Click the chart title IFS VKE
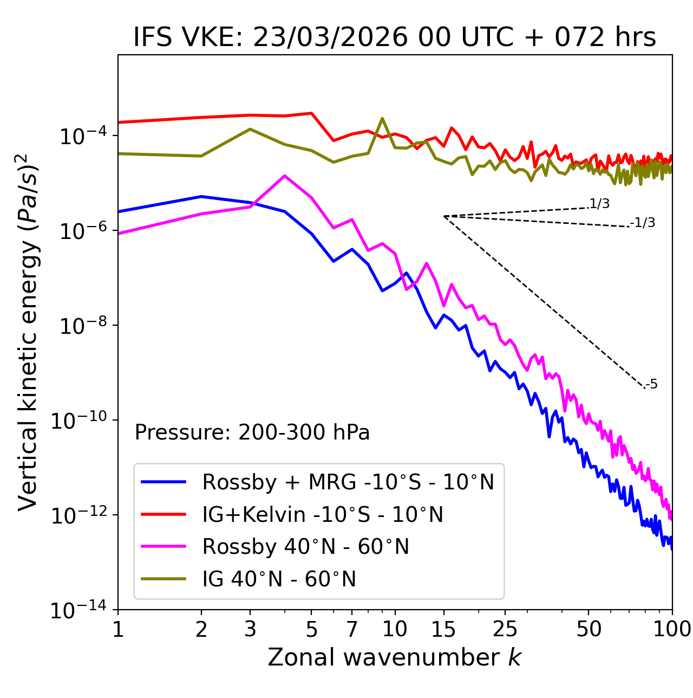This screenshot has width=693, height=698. [394, 38]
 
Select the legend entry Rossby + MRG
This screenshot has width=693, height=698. [348, 482]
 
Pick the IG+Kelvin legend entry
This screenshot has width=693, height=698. [323, 514]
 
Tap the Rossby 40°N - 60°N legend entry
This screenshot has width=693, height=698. [305, 547]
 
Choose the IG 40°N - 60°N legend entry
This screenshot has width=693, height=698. [279, 579]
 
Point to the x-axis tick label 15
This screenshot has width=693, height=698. [444, 629]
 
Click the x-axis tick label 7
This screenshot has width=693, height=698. [352, 629]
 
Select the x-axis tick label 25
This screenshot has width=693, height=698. [505, 629]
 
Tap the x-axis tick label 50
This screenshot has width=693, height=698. [589, 629]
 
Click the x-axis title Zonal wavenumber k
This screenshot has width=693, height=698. [394, 657]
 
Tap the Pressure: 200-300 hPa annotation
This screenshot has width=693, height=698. [252, 432]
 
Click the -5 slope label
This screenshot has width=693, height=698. [652, 385]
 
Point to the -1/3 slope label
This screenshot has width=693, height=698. [643, 223]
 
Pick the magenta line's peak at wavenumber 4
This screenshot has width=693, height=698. [285, 176]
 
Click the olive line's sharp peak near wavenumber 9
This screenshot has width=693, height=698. [382, 118]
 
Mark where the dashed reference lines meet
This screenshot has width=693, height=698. [444, 216]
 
